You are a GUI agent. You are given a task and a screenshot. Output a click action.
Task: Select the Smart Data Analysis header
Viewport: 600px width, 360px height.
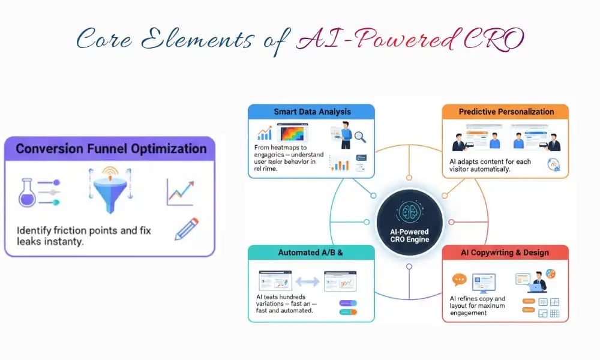(x=311, y=112)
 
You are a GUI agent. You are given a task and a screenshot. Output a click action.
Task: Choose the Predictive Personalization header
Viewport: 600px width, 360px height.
(x=506, y=112)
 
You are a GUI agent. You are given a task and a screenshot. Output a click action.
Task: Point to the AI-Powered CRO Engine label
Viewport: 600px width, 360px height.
(x=410, y=235)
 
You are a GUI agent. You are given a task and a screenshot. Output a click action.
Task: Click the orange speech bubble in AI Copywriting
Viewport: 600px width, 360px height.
(x=459, y=280)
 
